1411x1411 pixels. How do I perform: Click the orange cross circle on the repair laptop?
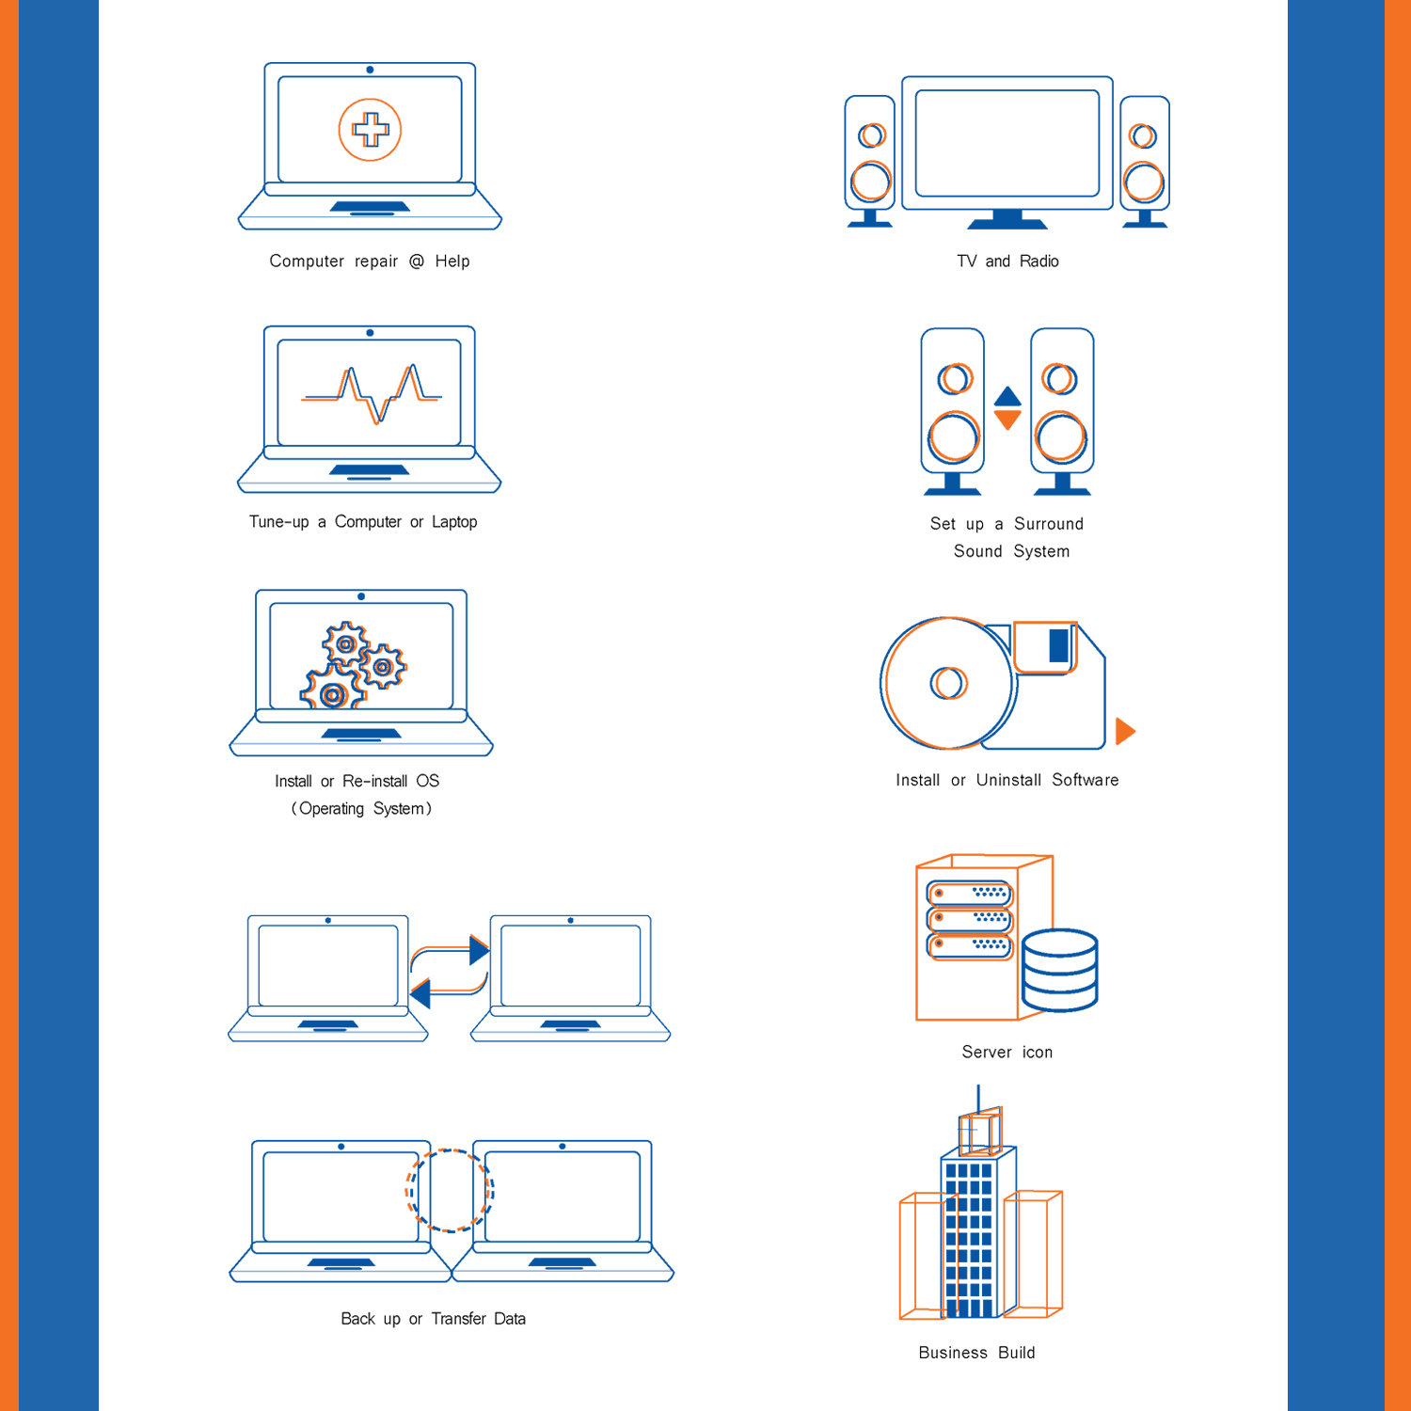370,130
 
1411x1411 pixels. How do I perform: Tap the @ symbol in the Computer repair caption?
417,262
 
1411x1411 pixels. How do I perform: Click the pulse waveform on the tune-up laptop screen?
372,393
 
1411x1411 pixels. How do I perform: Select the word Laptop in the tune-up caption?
454,522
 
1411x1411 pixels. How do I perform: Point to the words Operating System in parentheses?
361,809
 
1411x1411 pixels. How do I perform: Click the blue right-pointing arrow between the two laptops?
479,950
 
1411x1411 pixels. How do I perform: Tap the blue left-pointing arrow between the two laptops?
420,992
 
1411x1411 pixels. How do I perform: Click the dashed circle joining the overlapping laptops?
450,1191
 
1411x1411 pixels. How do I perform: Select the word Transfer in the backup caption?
458,1319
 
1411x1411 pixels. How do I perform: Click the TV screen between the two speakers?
1007,143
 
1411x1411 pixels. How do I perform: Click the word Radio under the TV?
1038,262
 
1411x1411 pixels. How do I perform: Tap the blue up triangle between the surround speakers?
1007,396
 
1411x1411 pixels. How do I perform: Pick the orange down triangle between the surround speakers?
1007,420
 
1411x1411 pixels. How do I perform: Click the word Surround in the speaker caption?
1048,524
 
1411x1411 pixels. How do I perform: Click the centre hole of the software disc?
948,683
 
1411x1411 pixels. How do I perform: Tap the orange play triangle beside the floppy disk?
1125,731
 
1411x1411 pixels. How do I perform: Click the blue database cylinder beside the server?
1059,970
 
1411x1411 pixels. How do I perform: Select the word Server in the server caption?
986,1053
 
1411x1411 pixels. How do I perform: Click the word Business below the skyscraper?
953,1353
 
